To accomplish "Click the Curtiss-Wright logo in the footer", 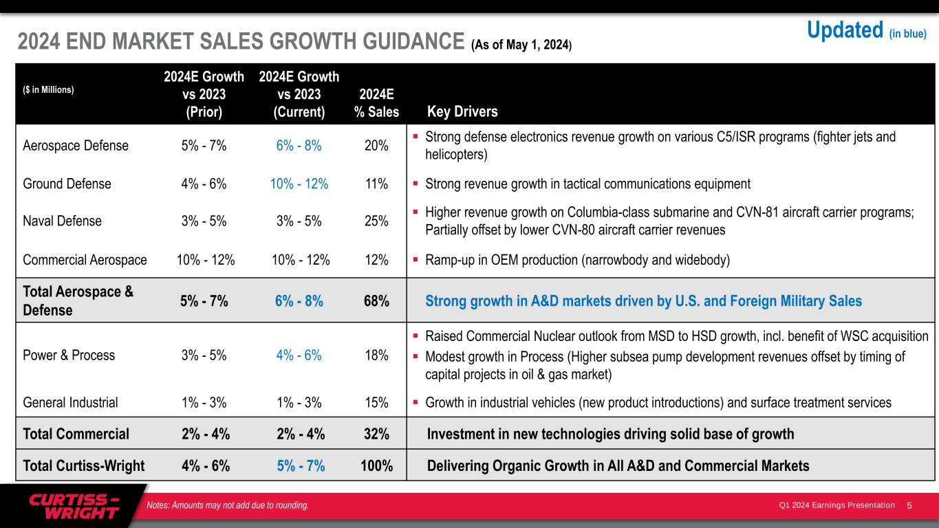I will pos(74,507).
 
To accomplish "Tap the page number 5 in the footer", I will pos(909,506).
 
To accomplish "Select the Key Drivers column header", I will pos(462,111).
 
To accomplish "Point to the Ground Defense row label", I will pos(67,184).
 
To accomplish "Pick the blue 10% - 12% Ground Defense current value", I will pos(298,184).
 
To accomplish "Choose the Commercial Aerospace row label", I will pos(85,260).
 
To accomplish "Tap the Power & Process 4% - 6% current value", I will pos(298,355).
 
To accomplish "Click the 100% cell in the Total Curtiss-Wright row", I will pos(376,466).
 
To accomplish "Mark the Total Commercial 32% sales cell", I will pos(376,434).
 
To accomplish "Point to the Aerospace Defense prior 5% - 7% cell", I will pos(204,146).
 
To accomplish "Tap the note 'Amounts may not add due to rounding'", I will pos(228,506).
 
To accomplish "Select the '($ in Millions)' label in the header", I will pos(48,89).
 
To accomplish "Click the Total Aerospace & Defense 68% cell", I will pos(376,301).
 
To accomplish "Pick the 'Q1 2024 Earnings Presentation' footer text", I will pos(837,506).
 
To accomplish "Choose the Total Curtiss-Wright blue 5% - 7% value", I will pos(298,466).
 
